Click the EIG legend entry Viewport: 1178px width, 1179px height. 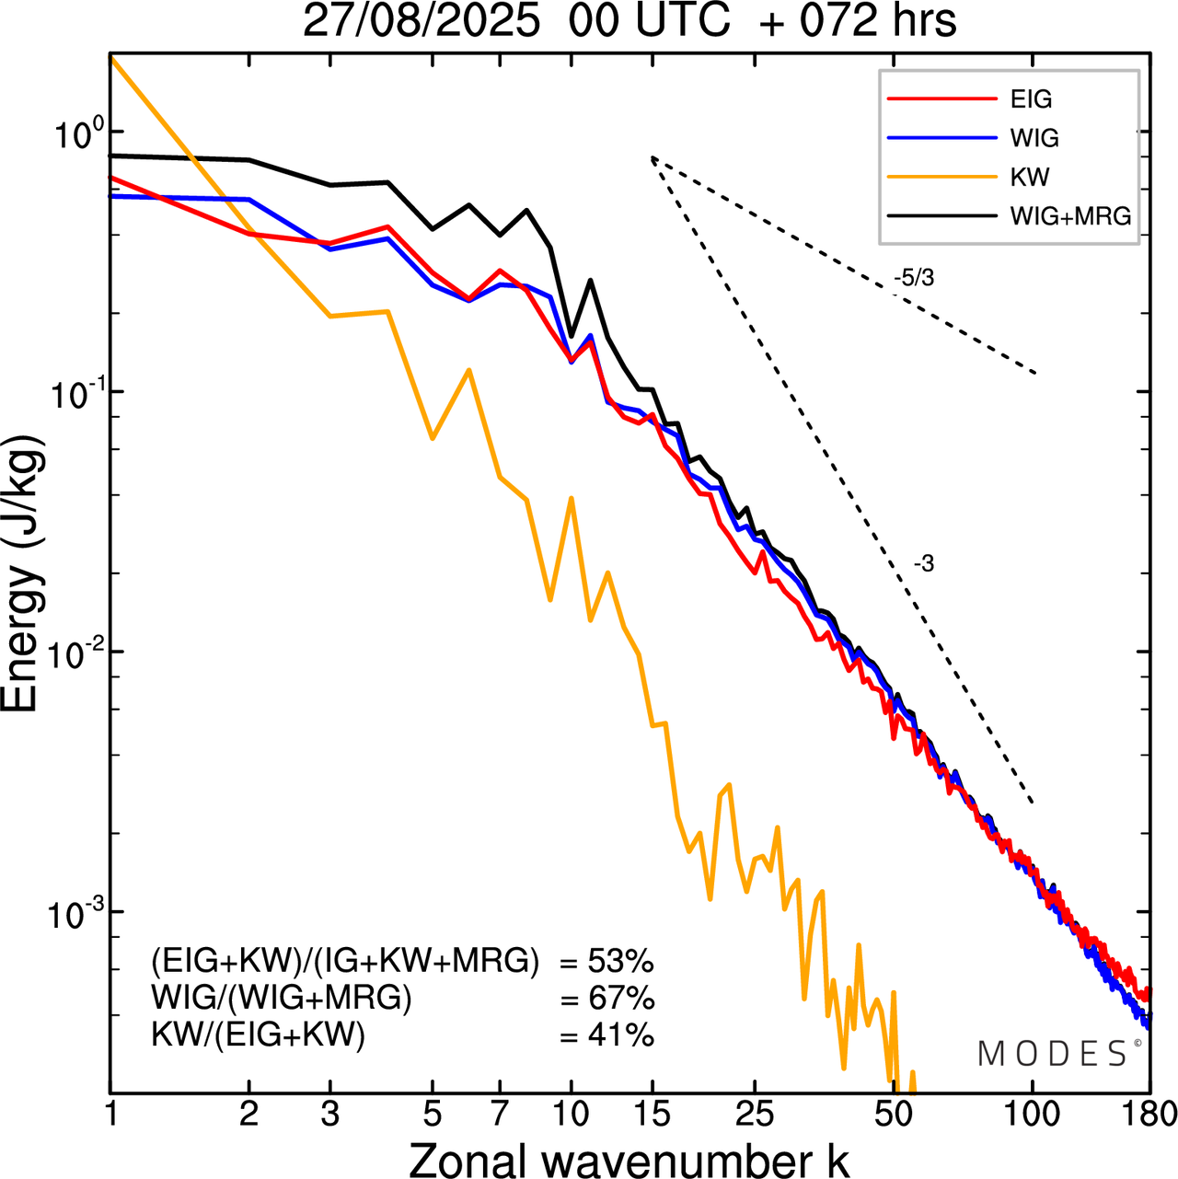1031,99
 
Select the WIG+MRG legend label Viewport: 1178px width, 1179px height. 1070,216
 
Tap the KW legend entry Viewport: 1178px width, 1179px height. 1029,177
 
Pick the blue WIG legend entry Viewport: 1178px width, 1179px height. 1034,138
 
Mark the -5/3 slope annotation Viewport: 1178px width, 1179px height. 914,278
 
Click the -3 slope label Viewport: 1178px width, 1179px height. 924,564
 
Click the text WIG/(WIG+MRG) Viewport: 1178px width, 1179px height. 282,999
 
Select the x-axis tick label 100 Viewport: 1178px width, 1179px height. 1033,1115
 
